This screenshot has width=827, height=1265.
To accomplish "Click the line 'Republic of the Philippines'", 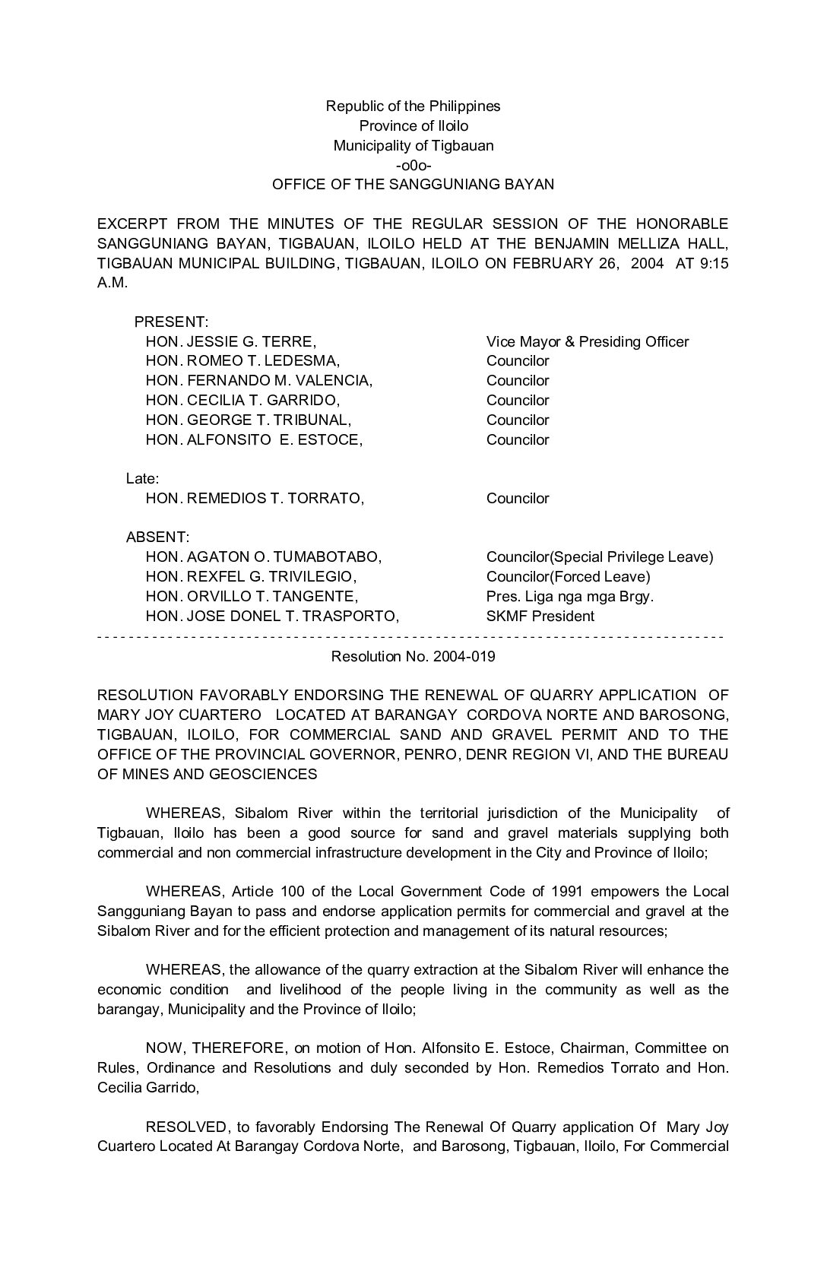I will [x=413, y=106].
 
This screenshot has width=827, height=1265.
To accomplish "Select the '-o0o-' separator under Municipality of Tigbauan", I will [x=413, y=165].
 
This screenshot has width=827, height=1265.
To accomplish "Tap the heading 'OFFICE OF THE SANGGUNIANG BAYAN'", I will [x=413, y=185].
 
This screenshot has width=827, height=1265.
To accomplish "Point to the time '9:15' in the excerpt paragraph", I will [x=714, y=263].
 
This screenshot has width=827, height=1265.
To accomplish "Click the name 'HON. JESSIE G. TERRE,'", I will [x=230, y=341].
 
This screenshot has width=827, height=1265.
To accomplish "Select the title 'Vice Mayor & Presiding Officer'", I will [x=587, y=341].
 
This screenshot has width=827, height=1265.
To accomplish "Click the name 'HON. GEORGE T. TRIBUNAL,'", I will [x=248, y=420].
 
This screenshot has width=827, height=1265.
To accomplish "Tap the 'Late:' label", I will [x=142, y=479].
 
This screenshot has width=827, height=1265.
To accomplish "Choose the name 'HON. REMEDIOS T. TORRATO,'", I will [x=255, y=499].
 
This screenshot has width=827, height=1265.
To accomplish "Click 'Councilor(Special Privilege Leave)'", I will [x=600, y=557].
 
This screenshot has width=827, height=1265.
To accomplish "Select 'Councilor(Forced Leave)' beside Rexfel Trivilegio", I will [x=568, y=577].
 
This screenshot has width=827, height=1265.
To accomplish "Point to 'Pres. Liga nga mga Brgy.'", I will [x=569, y=597].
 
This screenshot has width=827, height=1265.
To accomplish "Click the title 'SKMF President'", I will [x=540, y=617].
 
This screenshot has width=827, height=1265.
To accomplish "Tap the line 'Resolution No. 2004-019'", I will [x=413, y=656].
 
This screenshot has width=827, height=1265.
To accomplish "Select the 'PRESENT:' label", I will [x=171, y=322].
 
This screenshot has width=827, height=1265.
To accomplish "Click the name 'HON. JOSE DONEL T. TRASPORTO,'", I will [x=272, y=617].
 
